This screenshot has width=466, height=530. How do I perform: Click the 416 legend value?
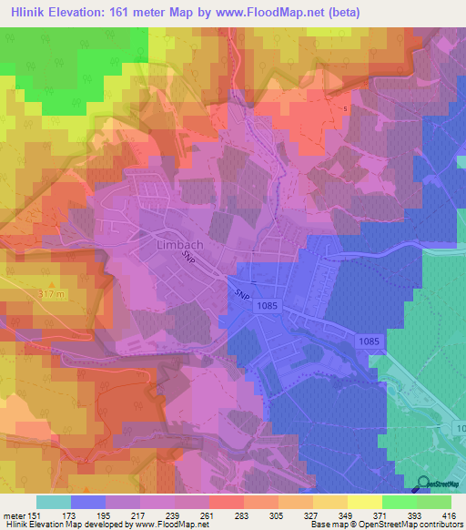[x=446, y=515]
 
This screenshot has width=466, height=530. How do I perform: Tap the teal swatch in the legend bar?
[x=54, y=502]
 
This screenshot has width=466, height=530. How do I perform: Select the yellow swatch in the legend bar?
[x=365, y=502]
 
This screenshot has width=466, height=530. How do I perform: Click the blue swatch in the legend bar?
[x=88, y=502]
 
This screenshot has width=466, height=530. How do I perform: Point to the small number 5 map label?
[x=345, y=108]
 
